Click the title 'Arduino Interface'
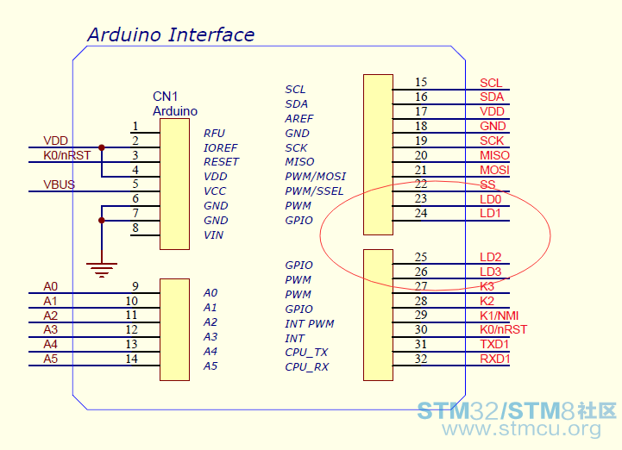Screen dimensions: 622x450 171,34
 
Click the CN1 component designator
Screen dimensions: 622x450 166,97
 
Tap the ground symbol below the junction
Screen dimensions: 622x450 102,269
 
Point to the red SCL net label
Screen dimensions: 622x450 491,83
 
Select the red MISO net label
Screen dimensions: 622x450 494,155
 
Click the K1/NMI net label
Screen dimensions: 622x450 499,316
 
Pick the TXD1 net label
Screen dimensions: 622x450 494,344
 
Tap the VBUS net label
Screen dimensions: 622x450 60,184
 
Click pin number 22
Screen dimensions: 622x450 421,184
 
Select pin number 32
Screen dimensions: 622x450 421,359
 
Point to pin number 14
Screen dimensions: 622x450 132,359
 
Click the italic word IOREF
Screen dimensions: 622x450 221,148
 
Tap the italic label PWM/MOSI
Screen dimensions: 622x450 316,177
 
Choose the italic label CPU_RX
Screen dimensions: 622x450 306,367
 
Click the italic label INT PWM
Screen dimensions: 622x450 310,324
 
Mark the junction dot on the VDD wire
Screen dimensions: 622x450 102,147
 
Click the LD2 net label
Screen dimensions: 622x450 491,257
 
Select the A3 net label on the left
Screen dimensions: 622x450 50,329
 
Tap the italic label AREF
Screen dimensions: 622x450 299,119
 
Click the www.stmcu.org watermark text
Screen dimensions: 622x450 521,428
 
